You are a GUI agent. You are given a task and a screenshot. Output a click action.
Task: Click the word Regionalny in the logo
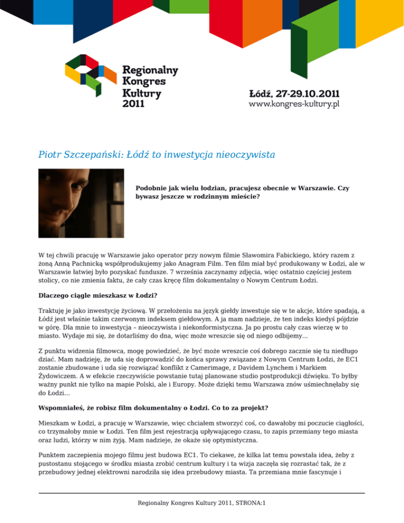[x=150, y=70]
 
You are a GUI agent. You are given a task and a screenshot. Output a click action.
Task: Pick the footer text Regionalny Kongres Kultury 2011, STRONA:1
[x=202, y=502]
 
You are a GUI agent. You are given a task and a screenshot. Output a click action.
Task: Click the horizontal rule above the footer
[x=202, y=493]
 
